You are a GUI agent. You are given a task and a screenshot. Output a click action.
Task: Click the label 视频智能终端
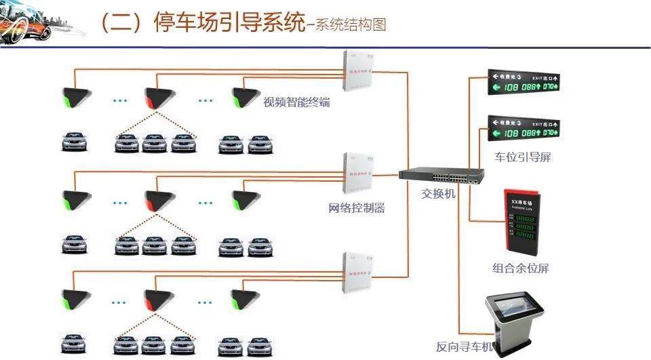click(x=297, y=103)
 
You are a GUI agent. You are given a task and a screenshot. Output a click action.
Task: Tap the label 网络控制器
click(x=357, y=208)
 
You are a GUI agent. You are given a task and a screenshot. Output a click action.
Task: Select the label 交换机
click(x=439, y=193)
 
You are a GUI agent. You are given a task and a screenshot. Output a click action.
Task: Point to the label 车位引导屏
click(x=523, y=157)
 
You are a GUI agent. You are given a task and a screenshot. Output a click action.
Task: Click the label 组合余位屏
click(x=520, y=268)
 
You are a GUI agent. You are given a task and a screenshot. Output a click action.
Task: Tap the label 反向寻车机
click(x=465, y=348)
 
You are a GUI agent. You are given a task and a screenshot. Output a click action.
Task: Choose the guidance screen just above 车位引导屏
click(x=525, y=128)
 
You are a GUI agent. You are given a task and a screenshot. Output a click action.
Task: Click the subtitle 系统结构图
click(x=351, y=26)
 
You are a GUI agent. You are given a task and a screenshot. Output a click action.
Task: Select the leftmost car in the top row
click(x=75, y=142)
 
